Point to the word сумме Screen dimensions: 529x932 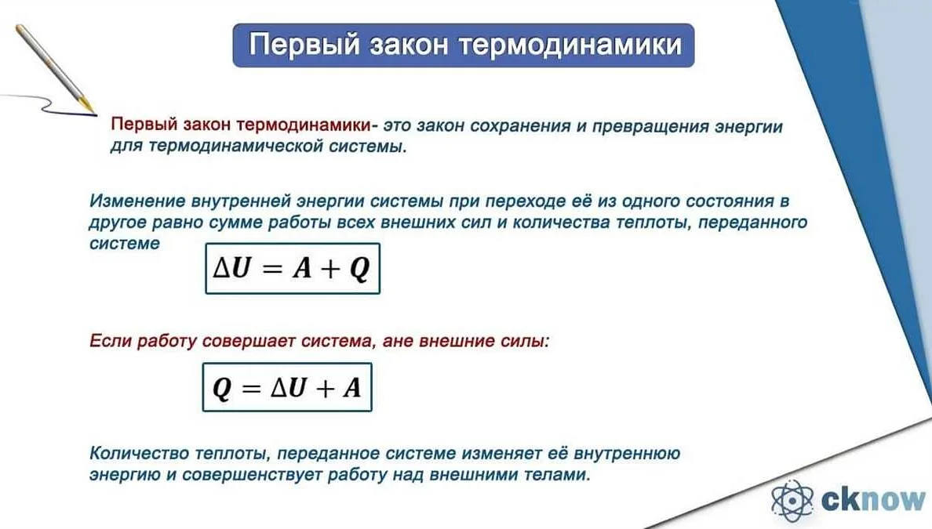point(244,223)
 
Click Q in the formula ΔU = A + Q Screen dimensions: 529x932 point(359,269)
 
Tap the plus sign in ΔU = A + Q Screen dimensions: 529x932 point(326,269)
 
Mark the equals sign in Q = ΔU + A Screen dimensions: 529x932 point(249,387)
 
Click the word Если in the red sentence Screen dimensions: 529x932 point(110,342)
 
